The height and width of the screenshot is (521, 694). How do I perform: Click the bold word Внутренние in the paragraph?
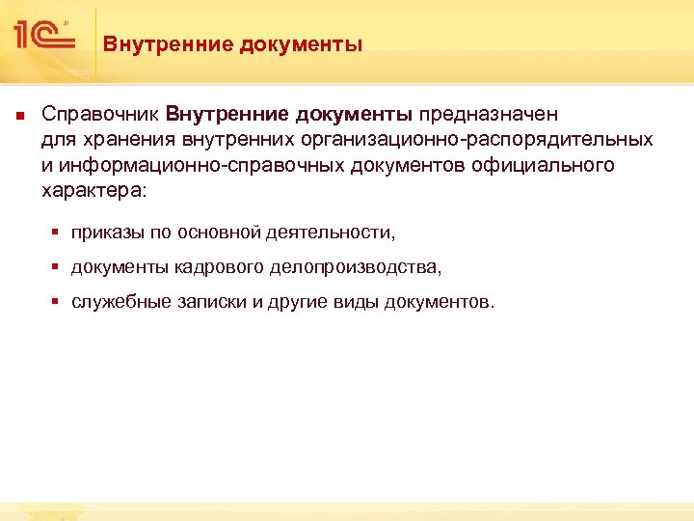(x=227, y=114)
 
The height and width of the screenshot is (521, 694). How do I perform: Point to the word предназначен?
(x=489, y=114)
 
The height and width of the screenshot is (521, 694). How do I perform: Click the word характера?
(x=92, y=190)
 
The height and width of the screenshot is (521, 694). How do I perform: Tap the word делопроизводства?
(x=357, y=267)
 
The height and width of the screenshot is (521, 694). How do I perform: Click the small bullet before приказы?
(x=57, y=233)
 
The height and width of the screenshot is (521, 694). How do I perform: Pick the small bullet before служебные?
(x=57, y=302)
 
